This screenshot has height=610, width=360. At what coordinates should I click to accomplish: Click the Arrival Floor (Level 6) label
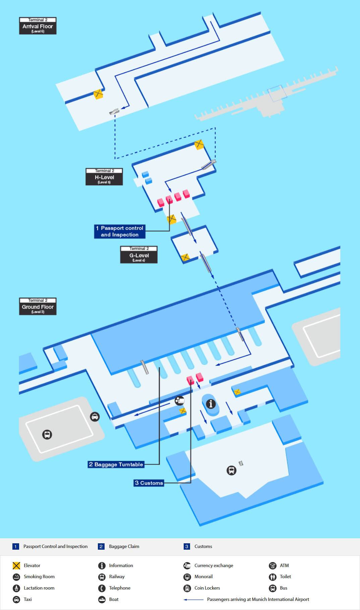[38, 26]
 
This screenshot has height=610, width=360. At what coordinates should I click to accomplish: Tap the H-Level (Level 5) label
[104, 177]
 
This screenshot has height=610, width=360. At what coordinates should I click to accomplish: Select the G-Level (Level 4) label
[139, 255]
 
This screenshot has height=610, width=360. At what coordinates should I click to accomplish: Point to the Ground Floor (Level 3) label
[38, 306]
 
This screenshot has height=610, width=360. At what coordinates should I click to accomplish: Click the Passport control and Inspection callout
[120, 231]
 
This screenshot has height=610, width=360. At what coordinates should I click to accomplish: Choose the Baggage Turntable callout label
[116, 464]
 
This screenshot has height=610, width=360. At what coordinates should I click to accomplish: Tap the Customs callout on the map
[149, 483]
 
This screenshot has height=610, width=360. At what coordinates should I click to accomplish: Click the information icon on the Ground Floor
[211, 404]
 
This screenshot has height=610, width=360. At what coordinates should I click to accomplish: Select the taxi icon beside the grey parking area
[95, 417]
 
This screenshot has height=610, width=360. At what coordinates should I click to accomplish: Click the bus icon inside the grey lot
[47, 435]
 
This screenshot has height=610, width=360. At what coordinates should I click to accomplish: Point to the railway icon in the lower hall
[231, 470]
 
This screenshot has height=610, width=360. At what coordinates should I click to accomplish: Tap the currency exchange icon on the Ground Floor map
[180, 401]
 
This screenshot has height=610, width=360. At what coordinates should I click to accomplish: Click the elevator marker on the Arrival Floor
[98, 94]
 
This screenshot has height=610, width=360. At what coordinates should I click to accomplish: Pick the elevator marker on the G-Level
[185, 257]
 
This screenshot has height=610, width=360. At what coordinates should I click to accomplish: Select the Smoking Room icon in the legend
[16, 577]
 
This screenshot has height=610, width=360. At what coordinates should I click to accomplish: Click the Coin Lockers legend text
[207, 588]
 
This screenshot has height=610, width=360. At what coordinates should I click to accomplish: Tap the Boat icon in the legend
[102, 599]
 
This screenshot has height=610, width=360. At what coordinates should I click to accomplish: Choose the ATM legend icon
[273, 565]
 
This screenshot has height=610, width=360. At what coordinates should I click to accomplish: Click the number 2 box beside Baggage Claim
[101, 546]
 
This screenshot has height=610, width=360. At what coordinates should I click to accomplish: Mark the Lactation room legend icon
[16, 588]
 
